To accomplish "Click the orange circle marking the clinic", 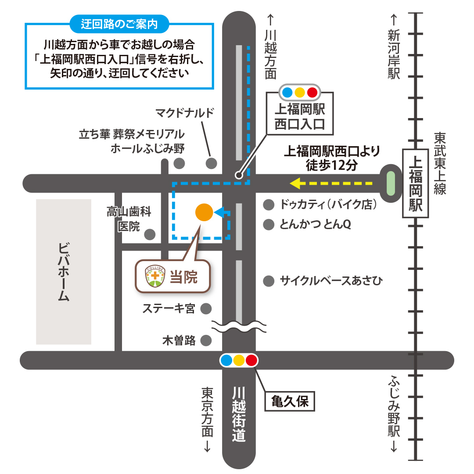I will coord(204,212).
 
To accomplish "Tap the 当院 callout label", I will coord(184,277).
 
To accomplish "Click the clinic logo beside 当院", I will coord(154,277).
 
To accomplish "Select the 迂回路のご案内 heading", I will coord(119,24).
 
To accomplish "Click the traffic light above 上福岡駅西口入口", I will coord(300,93).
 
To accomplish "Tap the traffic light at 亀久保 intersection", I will coord(239,360).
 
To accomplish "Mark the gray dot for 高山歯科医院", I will coord(150,234).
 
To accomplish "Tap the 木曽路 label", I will coord(179,341).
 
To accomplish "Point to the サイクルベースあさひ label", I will coord(331,280).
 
